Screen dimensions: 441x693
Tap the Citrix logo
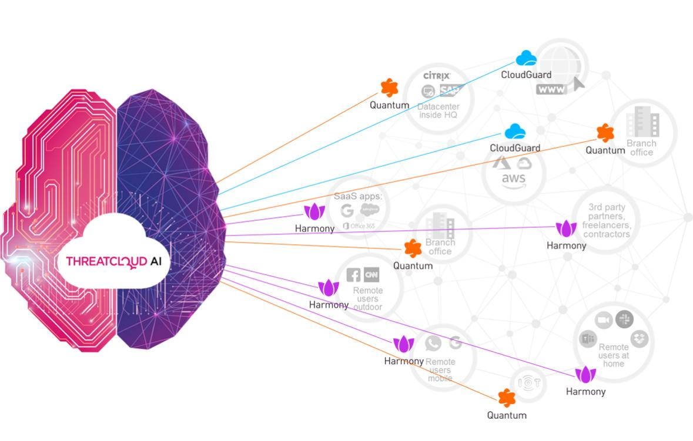(x=437, y=76)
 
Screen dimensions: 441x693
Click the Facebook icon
(x=353, y=275)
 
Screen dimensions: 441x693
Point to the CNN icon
(x=371, y=274)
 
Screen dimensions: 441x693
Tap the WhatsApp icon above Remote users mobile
(x=434, y=344)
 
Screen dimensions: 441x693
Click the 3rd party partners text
(x=607, y=221)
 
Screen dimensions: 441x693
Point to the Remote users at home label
(x=613, y=355)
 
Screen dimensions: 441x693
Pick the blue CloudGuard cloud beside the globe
(x=526, y=58)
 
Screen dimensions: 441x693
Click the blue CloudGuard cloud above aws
(x=515, y=132)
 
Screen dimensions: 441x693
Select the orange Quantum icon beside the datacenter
(x=389, y=88)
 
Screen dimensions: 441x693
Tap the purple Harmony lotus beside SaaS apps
(x=314, y=212)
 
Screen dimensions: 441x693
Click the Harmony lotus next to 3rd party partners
(x=566, y=228)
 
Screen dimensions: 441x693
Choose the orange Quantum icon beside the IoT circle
(x=506, y=398)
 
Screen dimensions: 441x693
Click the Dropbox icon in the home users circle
(x=640, y=339)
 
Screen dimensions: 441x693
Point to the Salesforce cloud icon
(x=370, y=210)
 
